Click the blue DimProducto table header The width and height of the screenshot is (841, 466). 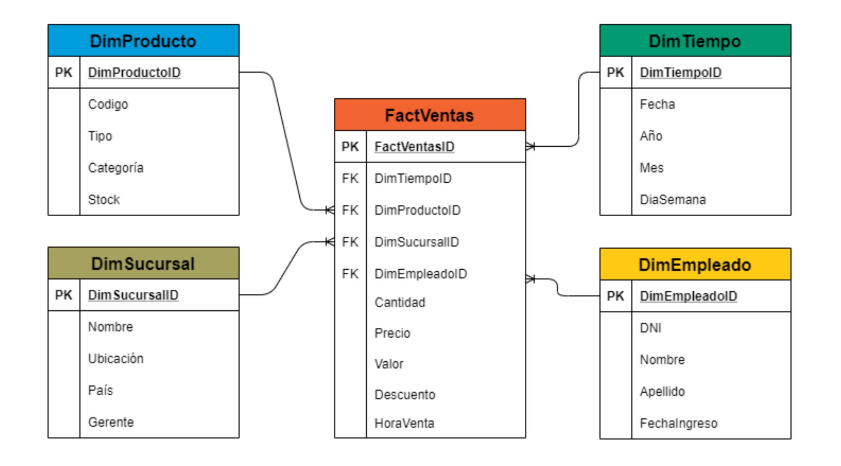143,41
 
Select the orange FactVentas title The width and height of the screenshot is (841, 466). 429,115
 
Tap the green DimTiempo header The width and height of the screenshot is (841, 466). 695,41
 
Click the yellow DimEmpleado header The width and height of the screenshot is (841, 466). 695,265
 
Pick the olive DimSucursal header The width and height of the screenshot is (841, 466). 143,263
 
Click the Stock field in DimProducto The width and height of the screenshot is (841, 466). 104,199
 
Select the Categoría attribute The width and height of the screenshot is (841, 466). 115,167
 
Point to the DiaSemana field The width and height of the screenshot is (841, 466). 672,199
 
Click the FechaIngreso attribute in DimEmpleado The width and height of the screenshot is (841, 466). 678,423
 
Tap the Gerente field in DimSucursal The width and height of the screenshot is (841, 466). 111,422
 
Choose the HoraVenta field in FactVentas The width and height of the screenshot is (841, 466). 404,423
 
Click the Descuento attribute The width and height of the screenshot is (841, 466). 405,394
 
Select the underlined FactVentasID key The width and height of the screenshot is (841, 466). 414,147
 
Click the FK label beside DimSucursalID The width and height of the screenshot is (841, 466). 350,242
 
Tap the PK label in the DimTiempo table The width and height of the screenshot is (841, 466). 615,73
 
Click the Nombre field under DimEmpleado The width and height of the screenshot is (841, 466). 662,360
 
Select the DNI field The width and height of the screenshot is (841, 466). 650,328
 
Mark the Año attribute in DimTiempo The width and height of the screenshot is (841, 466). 651,136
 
